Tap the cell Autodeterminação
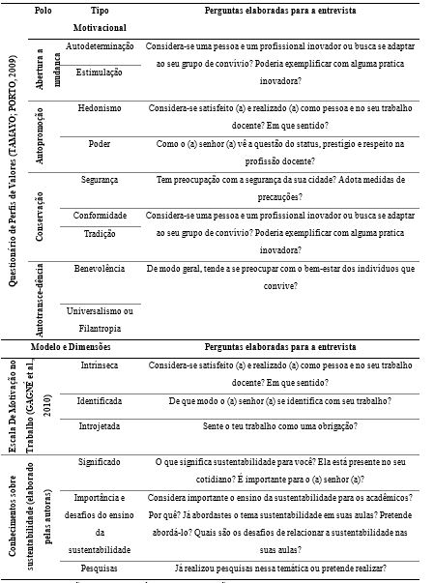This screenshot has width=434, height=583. [101, 45]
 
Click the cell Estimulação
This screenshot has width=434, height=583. [101, 73]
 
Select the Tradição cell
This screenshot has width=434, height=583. [101, 234]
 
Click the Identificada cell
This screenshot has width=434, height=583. [101, 398]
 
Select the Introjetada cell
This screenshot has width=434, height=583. [101, 425]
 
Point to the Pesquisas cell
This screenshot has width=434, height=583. [101, 568]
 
